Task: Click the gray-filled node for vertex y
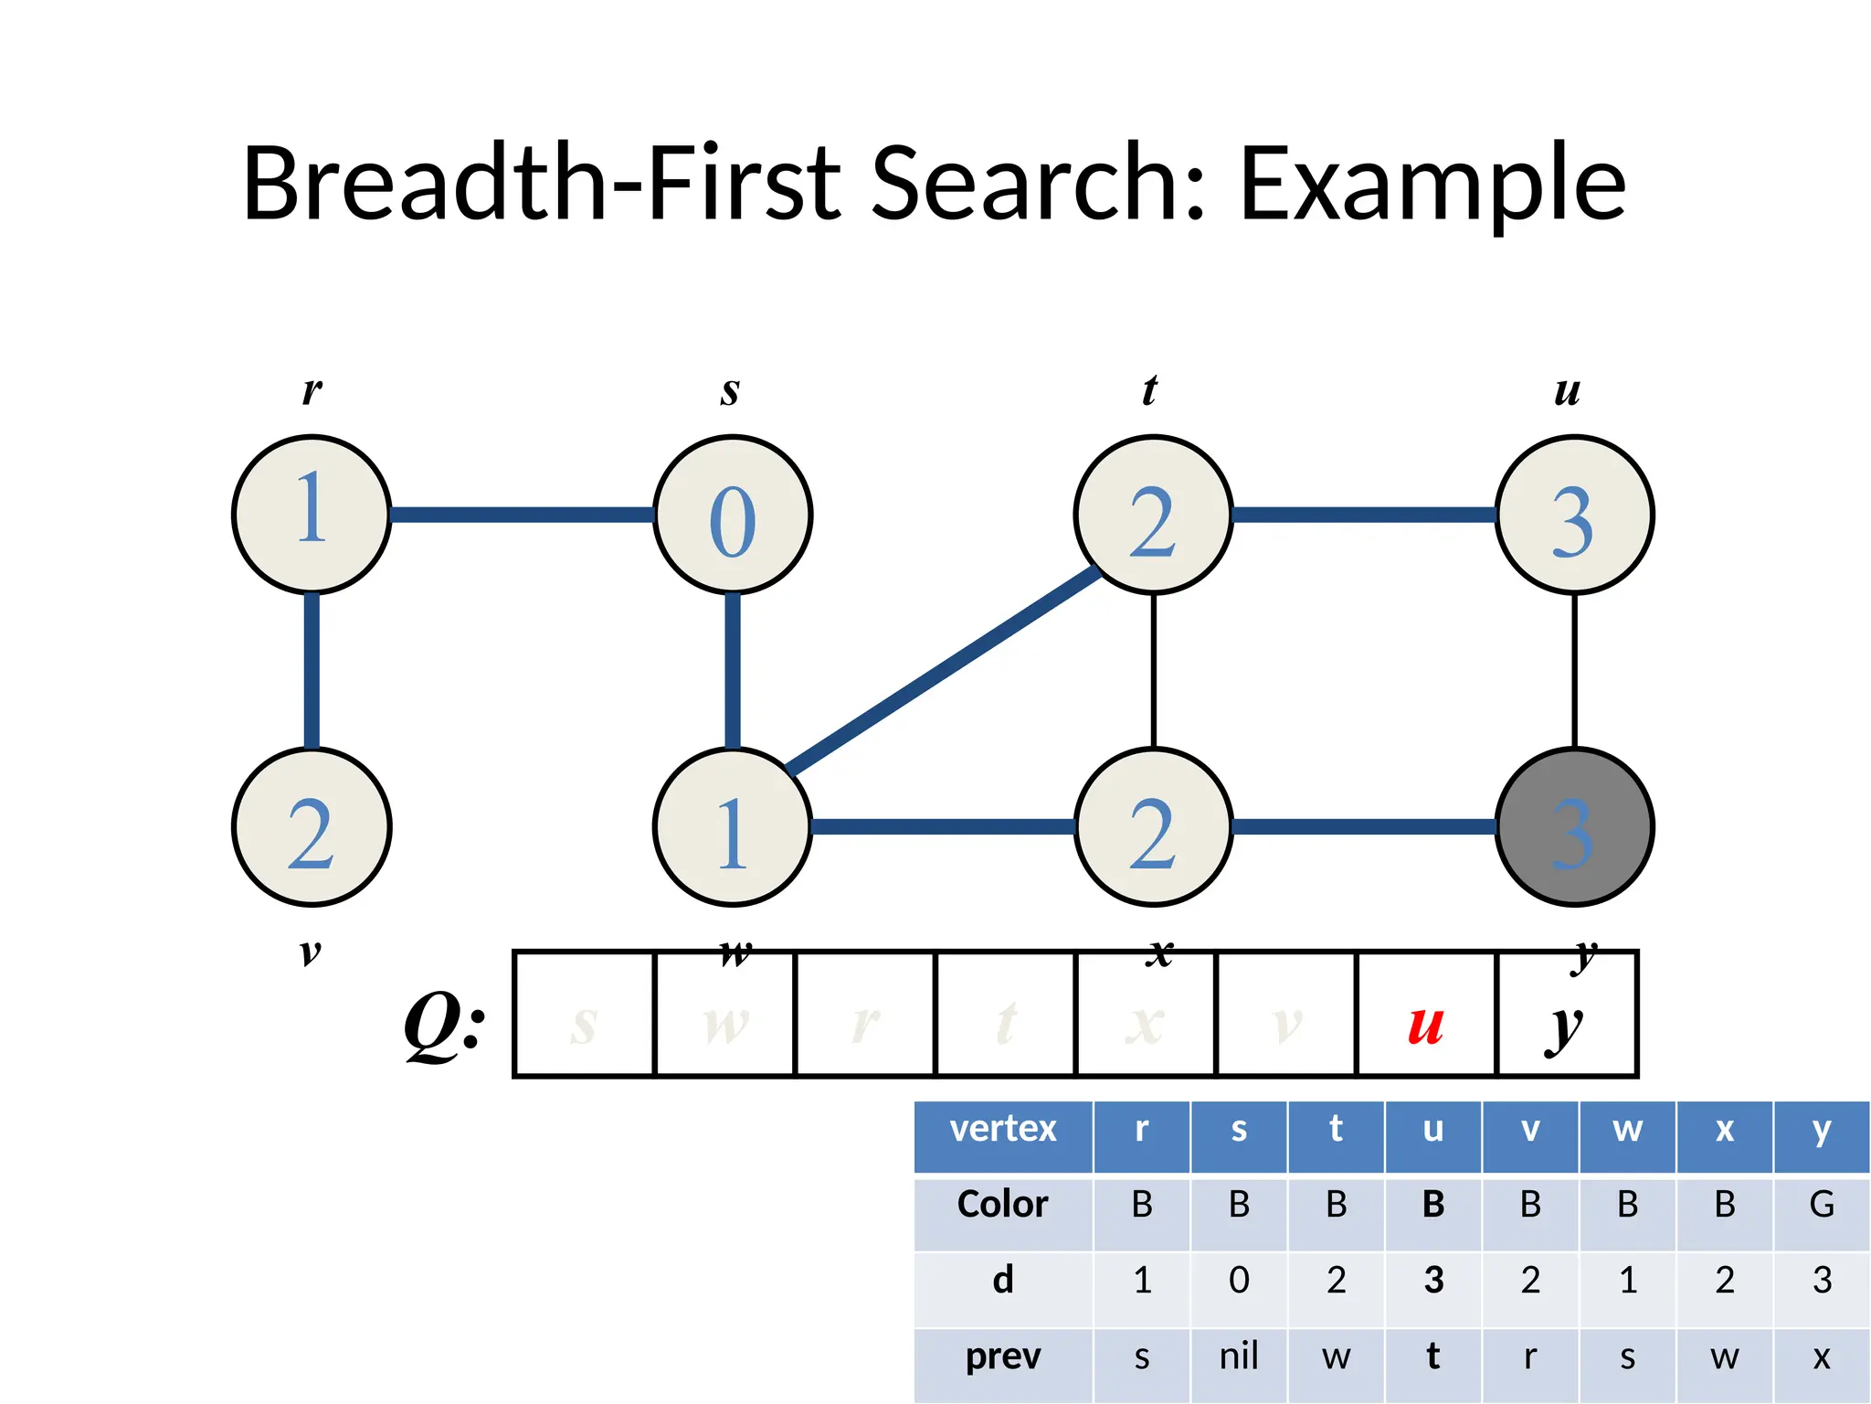(1574, 827)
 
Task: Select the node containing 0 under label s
(733, 515)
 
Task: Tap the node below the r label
(312, 515)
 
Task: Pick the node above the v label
(312, 827)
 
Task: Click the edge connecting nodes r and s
(523, 515)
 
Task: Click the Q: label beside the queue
(445, 1026)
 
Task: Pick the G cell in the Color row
(1822, 1205)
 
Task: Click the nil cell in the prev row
(1239, 1356)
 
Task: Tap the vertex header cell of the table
(1003, 1130)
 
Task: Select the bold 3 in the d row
(1433, 1281)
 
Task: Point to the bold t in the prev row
(1433, 1356)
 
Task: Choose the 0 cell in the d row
(1239, 1281)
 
